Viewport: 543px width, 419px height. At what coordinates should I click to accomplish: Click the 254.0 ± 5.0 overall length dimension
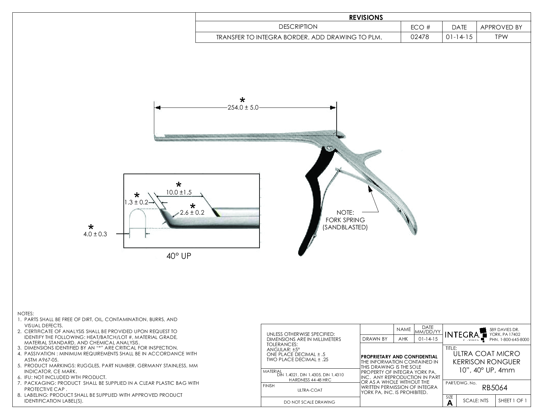coord(243,108)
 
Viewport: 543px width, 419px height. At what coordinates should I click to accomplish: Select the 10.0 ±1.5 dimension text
coord(179,192)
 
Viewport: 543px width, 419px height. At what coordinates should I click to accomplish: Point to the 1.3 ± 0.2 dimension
coord(136,202)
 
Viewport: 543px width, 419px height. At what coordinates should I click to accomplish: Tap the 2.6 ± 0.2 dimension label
coord(192,213)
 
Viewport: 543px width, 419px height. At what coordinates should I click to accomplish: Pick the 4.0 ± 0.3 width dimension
coord(95,234)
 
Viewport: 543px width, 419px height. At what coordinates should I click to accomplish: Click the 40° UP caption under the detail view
coord(179,256)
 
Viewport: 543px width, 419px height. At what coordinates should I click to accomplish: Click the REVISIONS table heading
coord(366,17)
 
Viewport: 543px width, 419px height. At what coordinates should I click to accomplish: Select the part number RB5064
coord(495,388)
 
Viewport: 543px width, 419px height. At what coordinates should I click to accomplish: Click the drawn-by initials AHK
coord(403,339)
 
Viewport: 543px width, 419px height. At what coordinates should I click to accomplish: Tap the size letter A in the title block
coord(450,403)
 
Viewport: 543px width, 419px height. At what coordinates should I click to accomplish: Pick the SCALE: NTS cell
coord(475,401)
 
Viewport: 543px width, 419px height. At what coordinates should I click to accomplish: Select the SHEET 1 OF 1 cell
coord(512,401)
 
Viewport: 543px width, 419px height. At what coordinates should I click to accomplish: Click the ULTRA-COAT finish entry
coord(310,390)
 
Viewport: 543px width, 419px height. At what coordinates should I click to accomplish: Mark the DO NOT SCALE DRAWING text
coord(310,402)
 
